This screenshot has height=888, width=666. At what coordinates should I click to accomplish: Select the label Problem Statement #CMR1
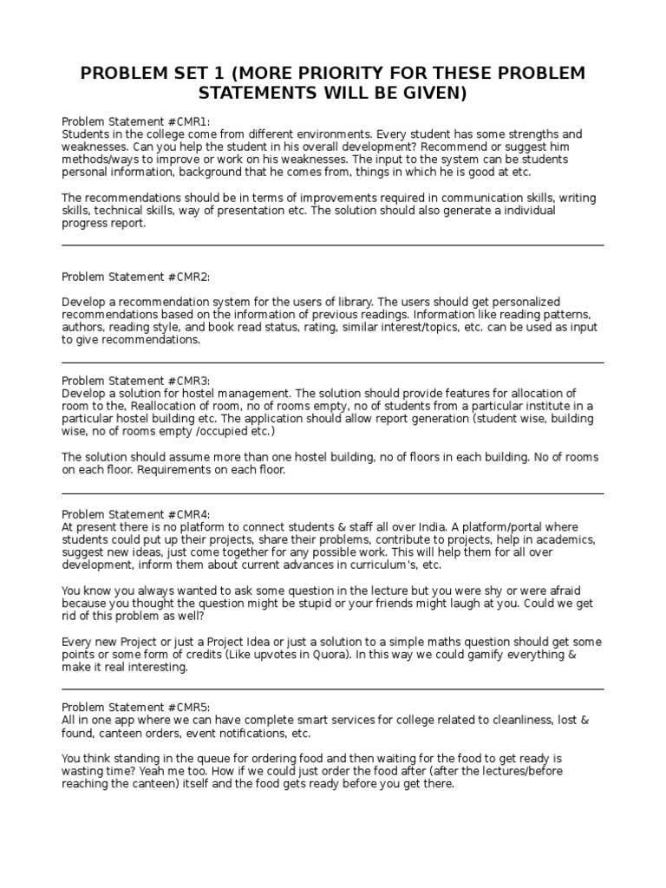pos(135,121)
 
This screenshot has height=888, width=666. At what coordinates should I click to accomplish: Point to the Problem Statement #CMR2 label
pos(135,277)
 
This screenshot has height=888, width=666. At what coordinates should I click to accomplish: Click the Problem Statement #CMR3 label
pos(135,381)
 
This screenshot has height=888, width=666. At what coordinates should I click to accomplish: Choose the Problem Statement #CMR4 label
pos(135,514)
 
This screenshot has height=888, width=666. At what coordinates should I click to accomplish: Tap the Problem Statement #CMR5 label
pos(135,708)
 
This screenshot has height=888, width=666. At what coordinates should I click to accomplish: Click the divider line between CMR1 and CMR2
pos(333,245)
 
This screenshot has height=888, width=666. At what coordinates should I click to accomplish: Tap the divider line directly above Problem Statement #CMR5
pos(333,689)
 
